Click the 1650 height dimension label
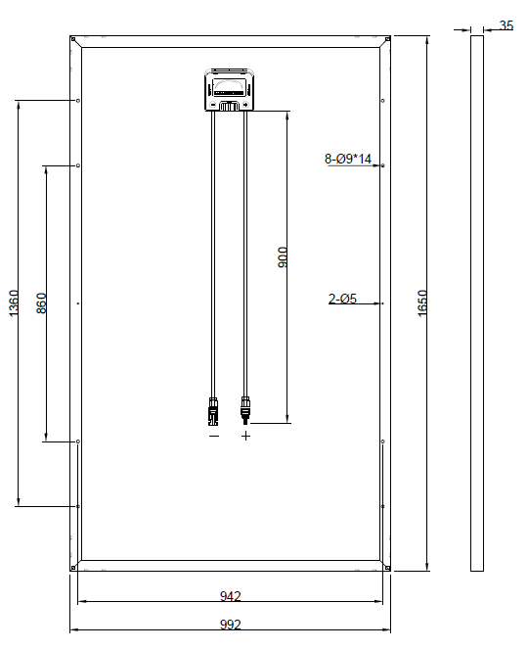[x=422, y=303]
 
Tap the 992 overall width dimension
[x=230, y=625]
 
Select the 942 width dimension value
[x=230, y=596]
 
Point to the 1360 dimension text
[x=14, y=303]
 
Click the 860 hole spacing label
[x=41, y=303]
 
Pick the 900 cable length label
[x=282, y=257]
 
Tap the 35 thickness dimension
[x=506, y=25]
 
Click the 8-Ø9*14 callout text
[x=348, y=159]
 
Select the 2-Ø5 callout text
[x=342, y=299]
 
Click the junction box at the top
[x=230, y=90]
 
